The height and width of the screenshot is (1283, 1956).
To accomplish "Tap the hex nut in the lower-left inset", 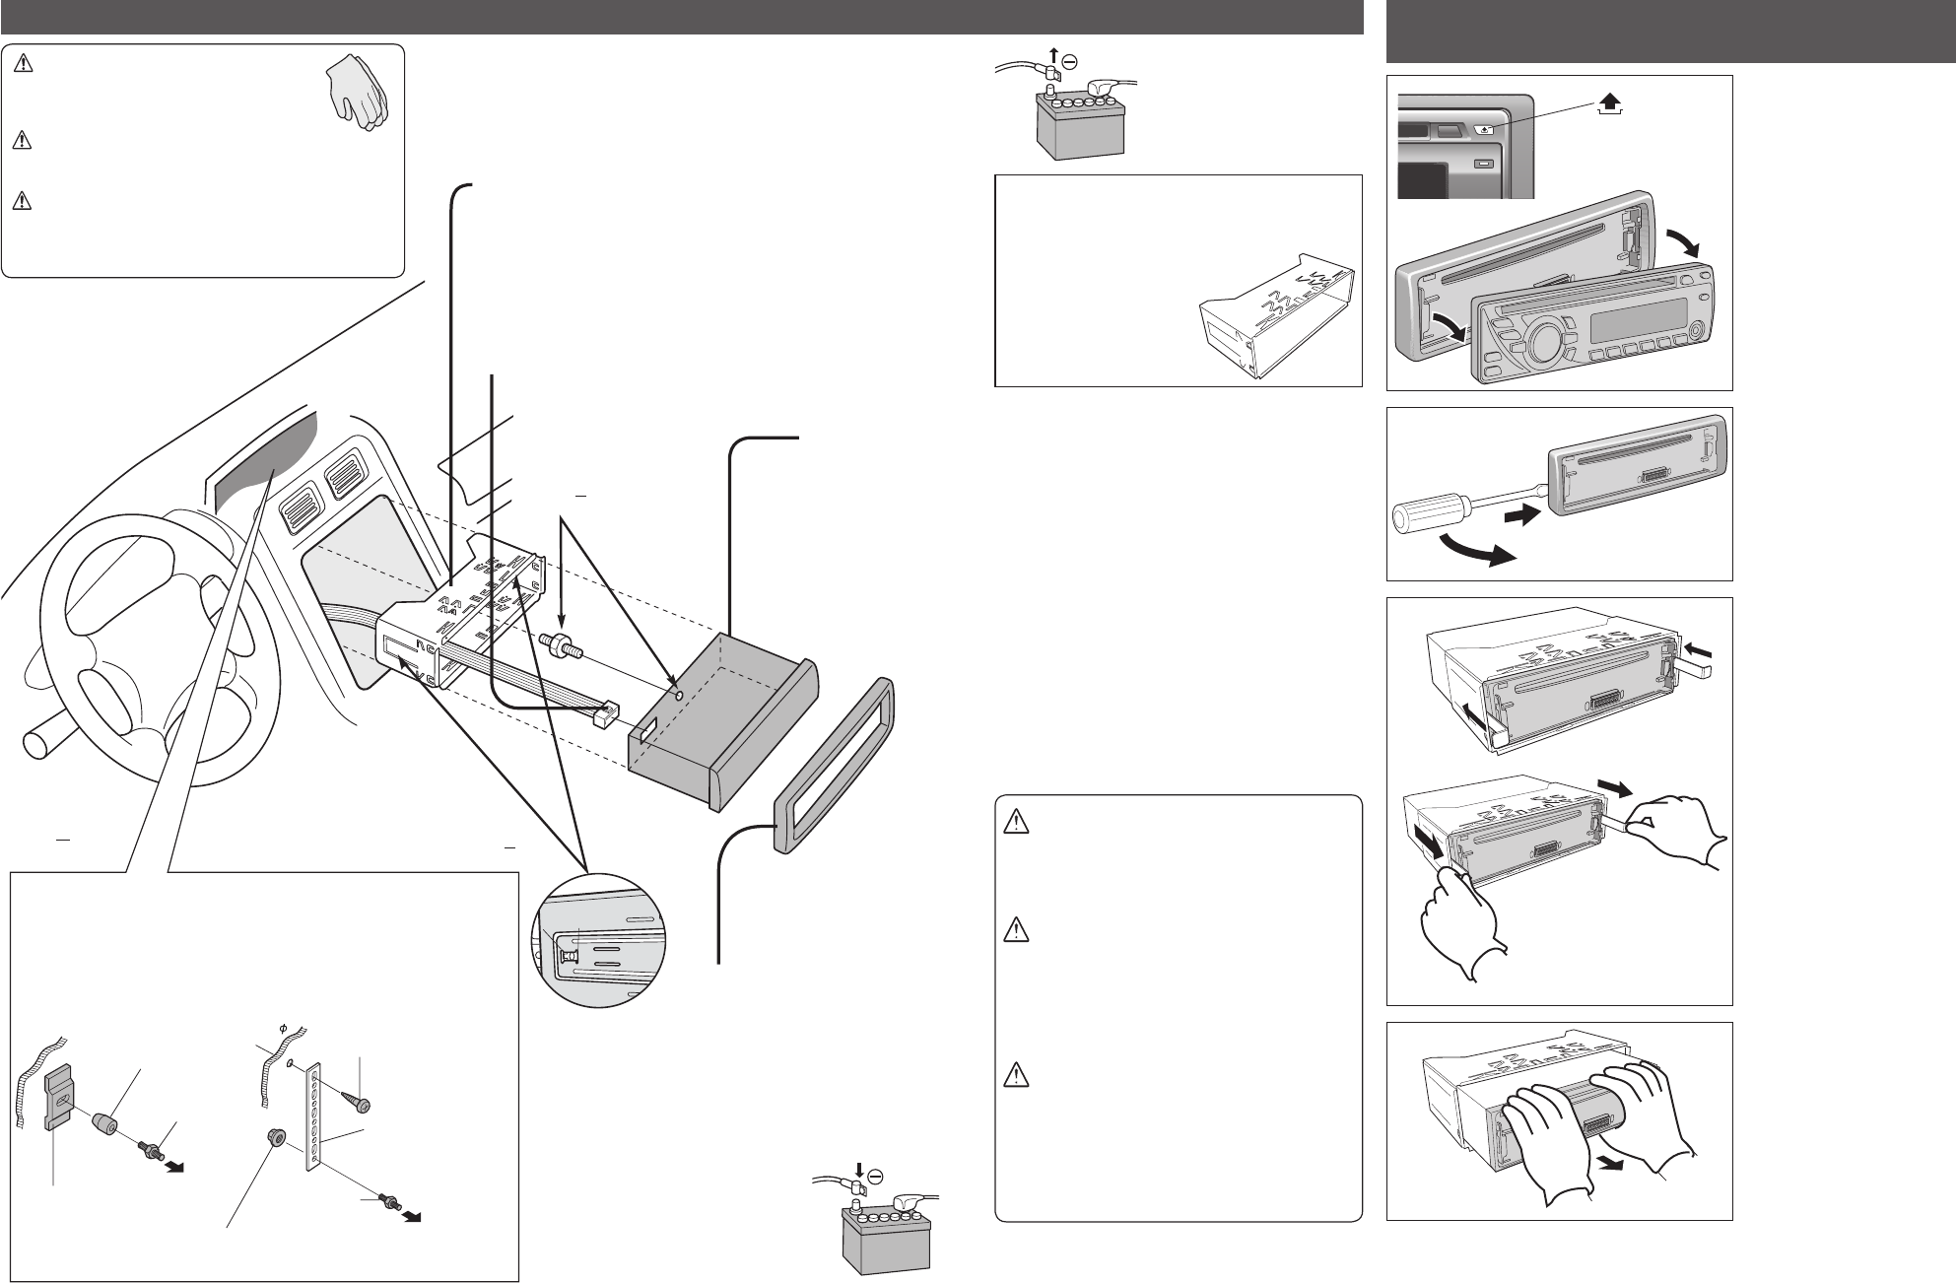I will click(275, 1141).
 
